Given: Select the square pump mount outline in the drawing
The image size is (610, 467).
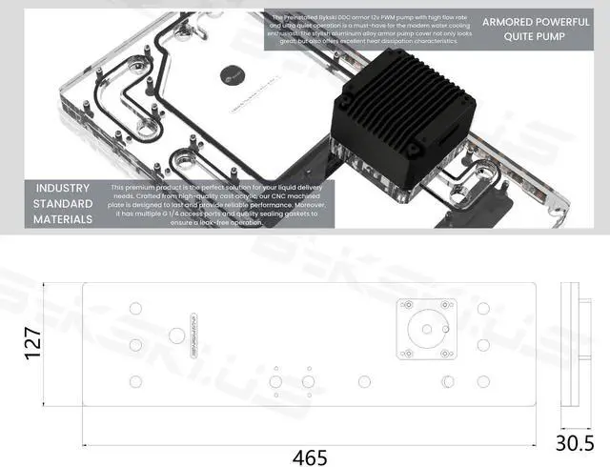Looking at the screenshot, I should tap(426, 329).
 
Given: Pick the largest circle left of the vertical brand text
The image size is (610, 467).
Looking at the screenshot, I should tap(176, 336).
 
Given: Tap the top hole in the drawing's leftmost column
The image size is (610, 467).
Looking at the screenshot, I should tap(134, 308).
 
